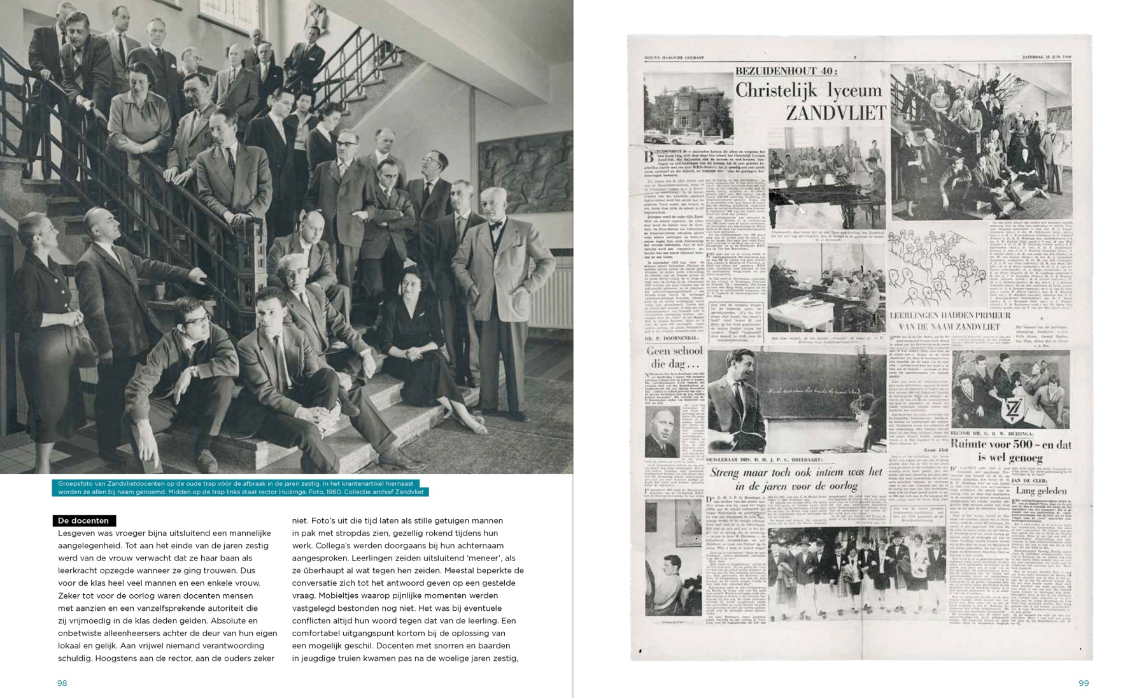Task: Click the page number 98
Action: pos(62,683)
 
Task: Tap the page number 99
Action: pos(1084,683)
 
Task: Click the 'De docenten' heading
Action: pos(83,520)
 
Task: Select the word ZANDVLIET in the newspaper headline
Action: pos(835,113)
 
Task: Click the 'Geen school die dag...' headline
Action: pos(674,357)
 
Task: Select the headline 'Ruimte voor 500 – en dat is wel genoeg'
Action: pos(1010,450)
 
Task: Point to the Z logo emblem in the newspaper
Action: pos(1010,410)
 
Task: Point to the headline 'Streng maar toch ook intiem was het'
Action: pos(796,472)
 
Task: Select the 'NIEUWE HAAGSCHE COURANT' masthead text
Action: pos(674,57)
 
